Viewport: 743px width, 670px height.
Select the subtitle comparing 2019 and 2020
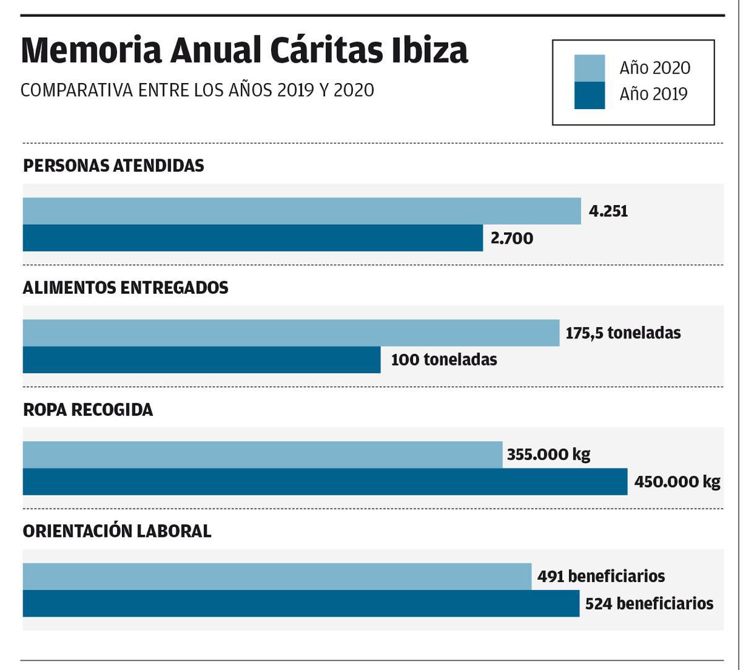click(x=197, y=90)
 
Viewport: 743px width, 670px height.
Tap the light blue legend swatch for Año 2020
click(x=589, y=68)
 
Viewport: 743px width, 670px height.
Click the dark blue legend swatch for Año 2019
click(x=589, y=95)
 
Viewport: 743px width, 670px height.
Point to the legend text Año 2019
click(x=653, y=94)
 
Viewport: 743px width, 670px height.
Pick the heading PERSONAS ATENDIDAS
click(x=113, y=166)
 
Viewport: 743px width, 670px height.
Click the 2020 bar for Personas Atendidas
click(x=302, y=211)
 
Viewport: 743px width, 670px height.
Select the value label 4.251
click(x=608, y=211)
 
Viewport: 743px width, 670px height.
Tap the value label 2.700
click(x=511, y=239)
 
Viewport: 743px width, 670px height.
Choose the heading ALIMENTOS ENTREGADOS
click(x=125, y=288)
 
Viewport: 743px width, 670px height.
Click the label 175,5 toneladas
click(x=623, y=333)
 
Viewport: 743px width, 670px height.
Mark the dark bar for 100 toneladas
click(x=201, y=360)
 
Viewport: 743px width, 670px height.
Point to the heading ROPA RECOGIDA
click(x=88, y=410)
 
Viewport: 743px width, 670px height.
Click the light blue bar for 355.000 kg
click(x=263, y=454)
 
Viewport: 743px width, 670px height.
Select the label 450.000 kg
click(x=677, y=482)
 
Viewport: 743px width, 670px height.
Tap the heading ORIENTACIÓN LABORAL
click(x=117, y=532)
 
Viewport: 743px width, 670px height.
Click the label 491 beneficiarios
click(x=601, y=576)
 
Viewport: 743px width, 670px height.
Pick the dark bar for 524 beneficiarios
click(x=301, y=604)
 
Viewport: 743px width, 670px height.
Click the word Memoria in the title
click(x=91, y=51)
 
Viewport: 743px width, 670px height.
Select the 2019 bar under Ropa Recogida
click(x=325, y=482)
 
